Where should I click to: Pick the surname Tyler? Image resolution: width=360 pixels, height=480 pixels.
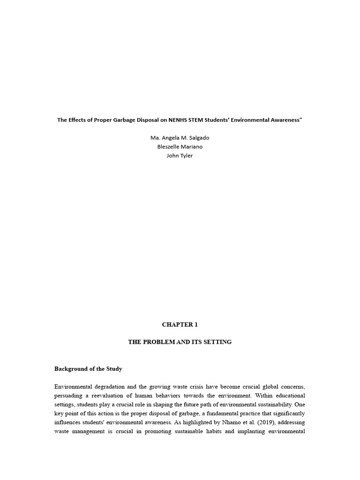point(186,156)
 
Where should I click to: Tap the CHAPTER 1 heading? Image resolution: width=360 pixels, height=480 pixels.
point(180,324)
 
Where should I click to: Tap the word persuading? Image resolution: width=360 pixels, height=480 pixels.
point(70,396)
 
